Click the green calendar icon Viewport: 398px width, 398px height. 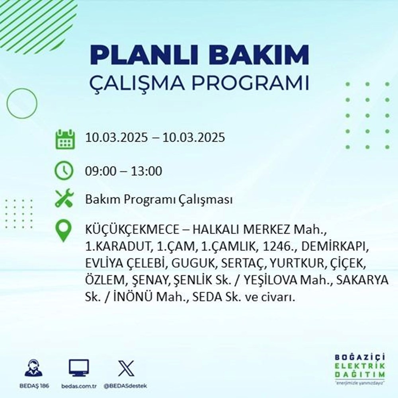[x=64, y=139]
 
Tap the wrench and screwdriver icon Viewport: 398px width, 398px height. [x=64, y=199]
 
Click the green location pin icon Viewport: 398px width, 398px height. [x=64, y=231]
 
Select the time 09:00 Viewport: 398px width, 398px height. [x=101, y=172]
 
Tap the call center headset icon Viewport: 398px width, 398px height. [x=34, y=368]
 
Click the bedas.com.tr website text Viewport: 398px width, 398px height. [x=79, y=386]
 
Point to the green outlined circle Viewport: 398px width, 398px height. [x=21, y=103]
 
